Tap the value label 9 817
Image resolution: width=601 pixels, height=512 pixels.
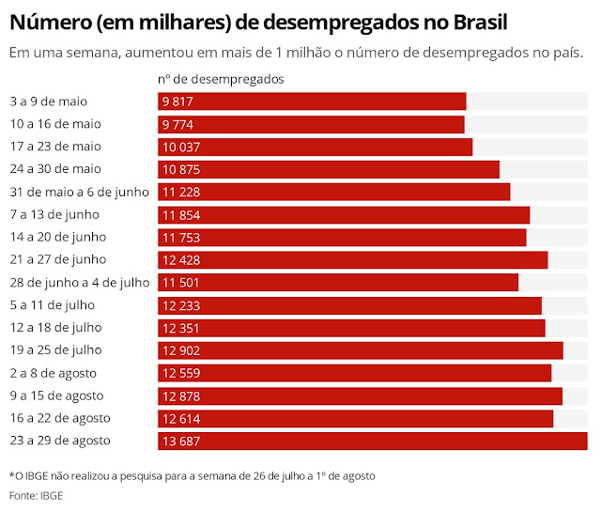[178, 101]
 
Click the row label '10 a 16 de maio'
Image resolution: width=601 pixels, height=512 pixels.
[54, 124]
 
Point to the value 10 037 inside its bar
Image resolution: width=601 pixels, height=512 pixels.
[181, 147]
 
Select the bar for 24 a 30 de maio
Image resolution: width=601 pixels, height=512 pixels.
[329, 169]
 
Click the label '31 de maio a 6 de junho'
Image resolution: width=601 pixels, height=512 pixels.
[79, 192]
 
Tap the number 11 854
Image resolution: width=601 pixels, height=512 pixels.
[181, 214]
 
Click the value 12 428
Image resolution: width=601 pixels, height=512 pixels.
[181, 260]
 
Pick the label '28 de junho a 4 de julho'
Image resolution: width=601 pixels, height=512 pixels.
[79, 283]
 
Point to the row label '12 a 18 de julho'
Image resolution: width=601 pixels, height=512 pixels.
[55, 328]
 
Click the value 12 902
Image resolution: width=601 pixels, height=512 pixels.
[181, 350]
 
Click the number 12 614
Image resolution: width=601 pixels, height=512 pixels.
[181, 418]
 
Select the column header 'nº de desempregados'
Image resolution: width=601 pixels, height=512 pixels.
[221, 79]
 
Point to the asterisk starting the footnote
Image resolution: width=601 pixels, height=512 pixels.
[11, 475]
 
